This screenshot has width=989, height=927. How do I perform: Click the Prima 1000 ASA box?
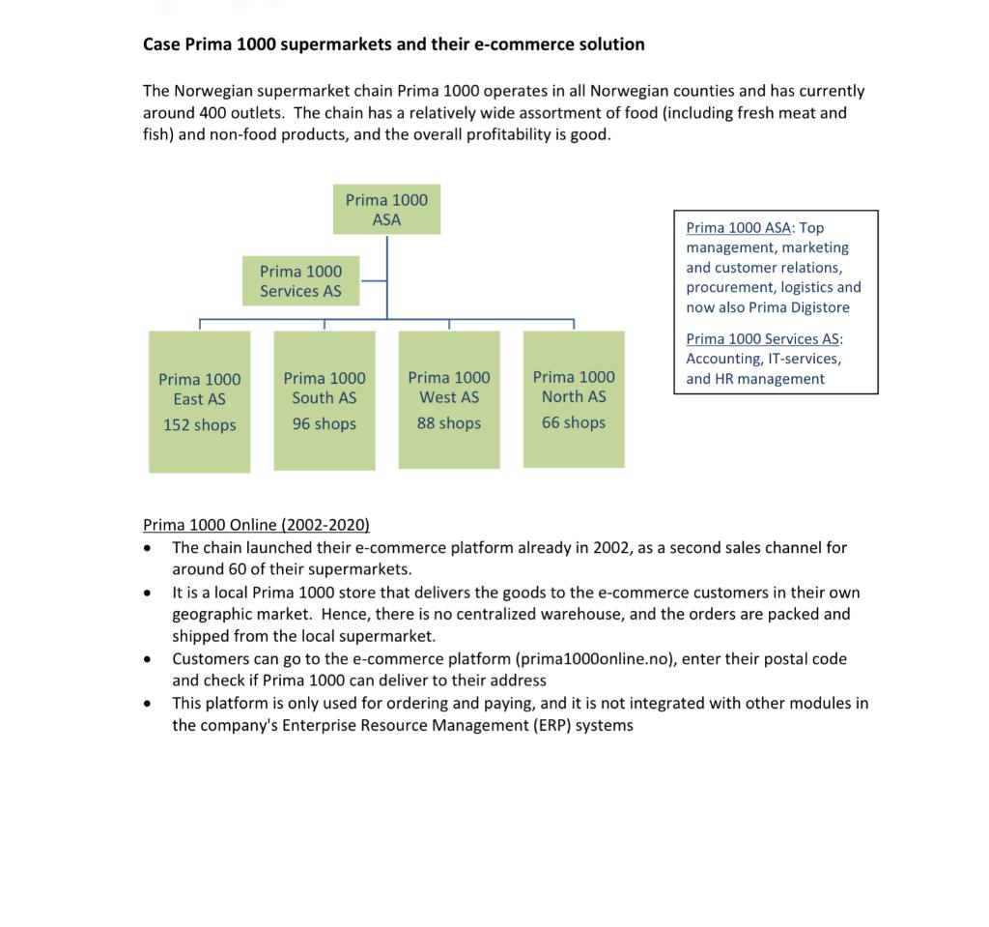coord(386,210)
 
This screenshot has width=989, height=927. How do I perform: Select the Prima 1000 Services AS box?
coord(300,280)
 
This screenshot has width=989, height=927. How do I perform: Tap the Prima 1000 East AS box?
coord(200,400)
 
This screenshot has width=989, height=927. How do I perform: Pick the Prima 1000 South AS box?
coord(325,399)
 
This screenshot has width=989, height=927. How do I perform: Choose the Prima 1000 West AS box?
coord(449,399)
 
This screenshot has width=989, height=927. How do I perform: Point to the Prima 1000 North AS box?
coord(574,398)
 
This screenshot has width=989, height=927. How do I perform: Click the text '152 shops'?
coord(200,425)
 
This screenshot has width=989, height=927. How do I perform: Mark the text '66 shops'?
coord(574,422)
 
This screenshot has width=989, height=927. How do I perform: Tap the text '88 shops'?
coord(449,423)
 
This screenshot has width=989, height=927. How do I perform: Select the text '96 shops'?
coord(325,423)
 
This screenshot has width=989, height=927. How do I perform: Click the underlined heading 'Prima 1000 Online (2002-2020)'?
coord(256,525)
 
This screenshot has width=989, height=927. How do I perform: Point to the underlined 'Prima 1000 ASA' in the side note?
coord(738,228)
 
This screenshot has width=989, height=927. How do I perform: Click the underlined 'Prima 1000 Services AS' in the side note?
coord(763,338)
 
